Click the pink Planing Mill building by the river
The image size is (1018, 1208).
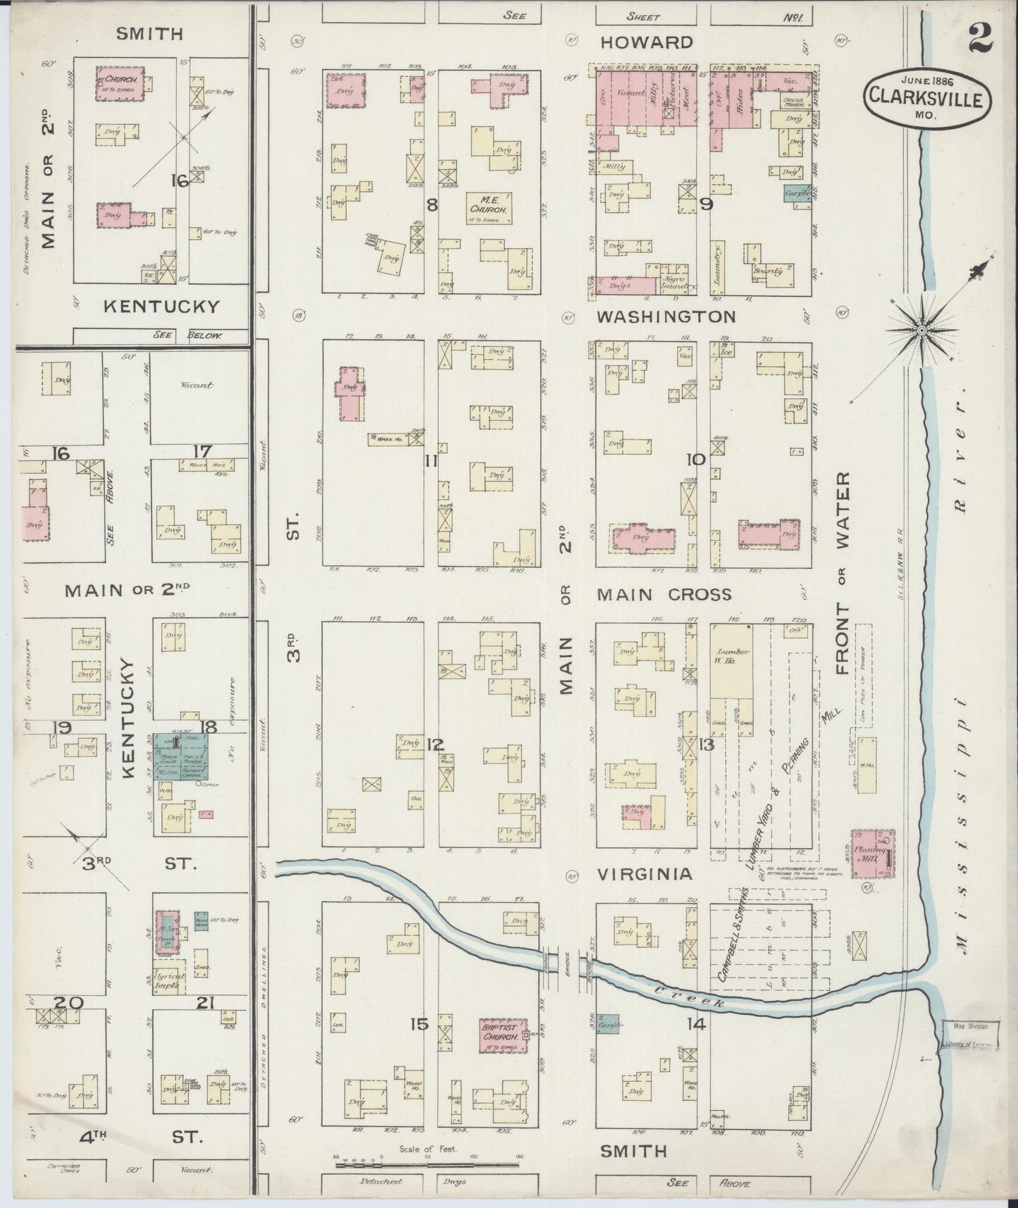[x=874, y=853]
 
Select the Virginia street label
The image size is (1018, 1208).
[x=645, y=874]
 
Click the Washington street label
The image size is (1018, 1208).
[x=666, y=317]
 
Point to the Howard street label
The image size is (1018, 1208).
[x=646, y=42]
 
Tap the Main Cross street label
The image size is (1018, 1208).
[x=664, y=595]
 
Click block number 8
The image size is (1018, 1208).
[x=432, y=204]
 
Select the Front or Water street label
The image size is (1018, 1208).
[x=844, y=574]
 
